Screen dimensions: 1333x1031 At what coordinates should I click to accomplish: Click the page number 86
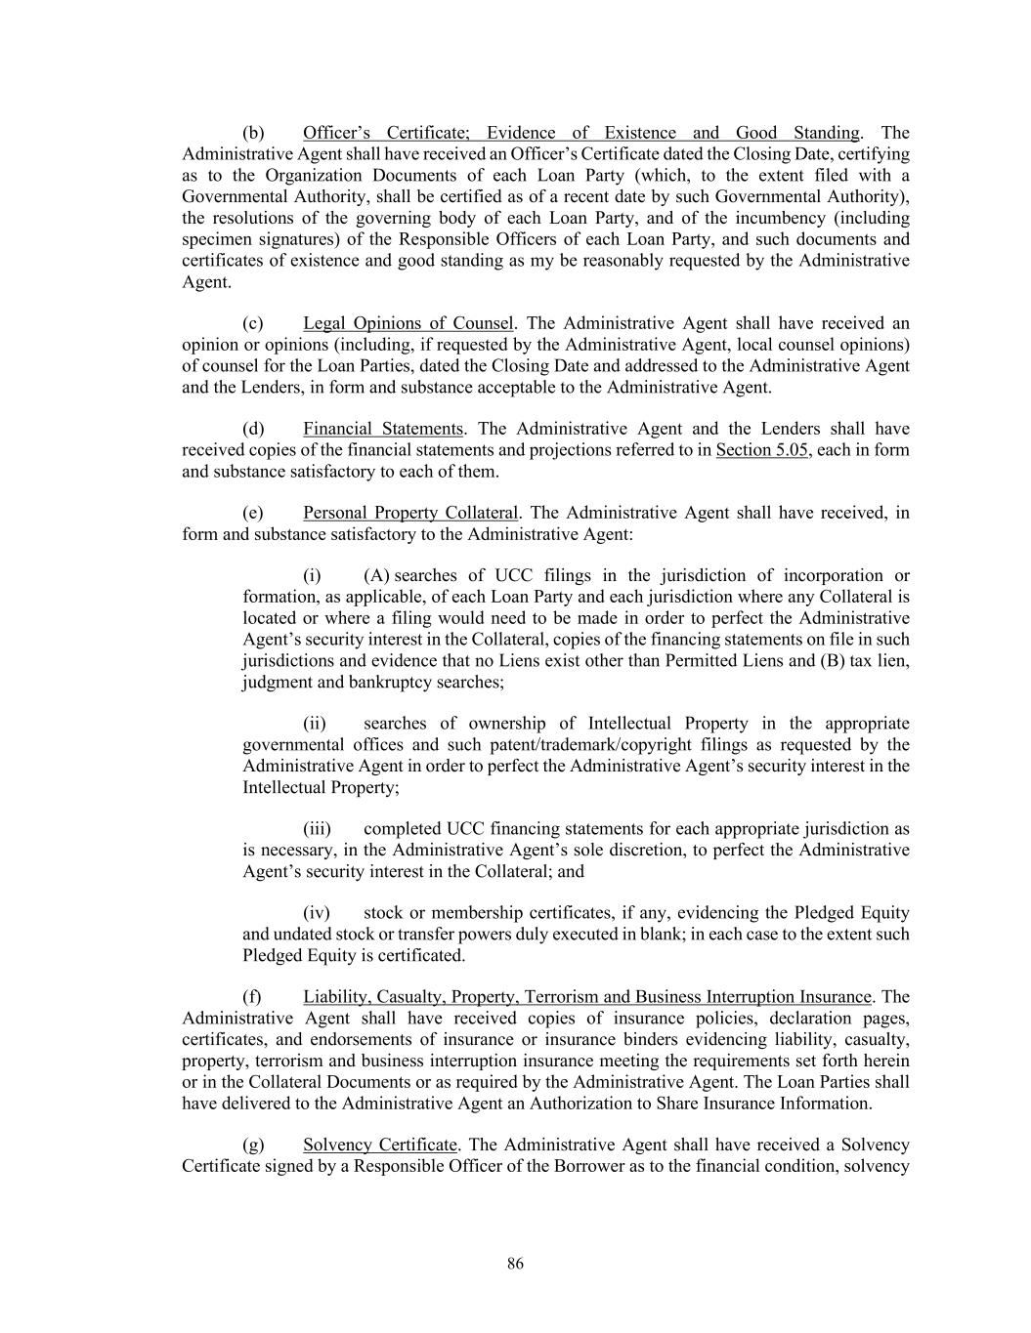coord(515,1264)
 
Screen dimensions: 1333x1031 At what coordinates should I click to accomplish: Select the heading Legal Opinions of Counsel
coord(408,323)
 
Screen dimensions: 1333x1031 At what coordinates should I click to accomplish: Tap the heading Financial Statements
coord(382,429)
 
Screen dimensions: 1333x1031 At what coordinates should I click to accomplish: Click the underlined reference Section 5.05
coord(762,450)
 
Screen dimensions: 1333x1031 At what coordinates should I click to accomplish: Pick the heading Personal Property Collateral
coord(409,513)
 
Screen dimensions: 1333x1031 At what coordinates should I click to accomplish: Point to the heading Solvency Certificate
coord(379,1145)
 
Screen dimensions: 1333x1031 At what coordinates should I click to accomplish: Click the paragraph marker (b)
coord(253,133)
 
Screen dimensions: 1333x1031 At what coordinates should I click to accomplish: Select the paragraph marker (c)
coord(253,323)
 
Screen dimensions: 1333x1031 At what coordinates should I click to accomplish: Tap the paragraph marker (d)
coord(253,429)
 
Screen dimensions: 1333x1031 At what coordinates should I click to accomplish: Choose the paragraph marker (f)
coord(252,997)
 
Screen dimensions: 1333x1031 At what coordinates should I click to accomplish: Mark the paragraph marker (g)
coord(253,1145)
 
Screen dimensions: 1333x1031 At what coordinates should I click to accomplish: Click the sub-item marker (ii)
coord(315,724)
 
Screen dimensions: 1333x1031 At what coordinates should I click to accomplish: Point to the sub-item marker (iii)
coord(317,829)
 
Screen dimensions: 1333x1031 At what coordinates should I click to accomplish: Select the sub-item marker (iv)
coord(316,913)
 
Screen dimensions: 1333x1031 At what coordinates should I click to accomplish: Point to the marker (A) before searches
coord(376,576)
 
